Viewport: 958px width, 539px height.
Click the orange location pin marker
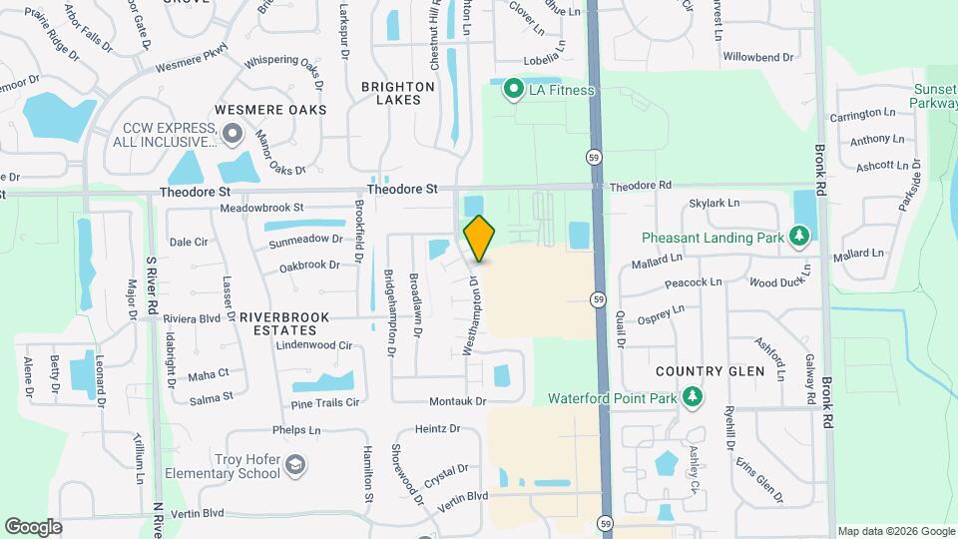479,238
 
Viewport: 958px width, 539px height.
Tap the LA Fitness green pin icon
514,90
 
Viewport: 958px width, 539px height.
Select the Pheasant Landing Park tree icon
798,236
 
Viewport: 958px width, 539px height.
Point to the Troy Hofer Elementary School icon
295,464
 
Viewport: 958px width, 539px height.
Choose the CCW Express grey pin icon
233,133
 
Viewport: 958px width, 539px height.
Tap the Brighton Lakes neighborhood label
398,93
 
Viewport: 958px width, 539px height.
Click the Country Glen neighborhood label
710,371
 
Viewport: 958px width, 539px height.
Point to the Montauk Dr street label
457,401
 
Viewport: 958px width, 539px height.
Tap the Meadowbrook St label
261,208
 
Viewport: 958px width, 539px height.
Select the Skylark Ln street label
714,204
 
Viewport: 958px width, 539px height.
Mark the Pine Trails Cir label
324,403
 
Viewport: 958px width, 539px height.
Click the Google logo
33,527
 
